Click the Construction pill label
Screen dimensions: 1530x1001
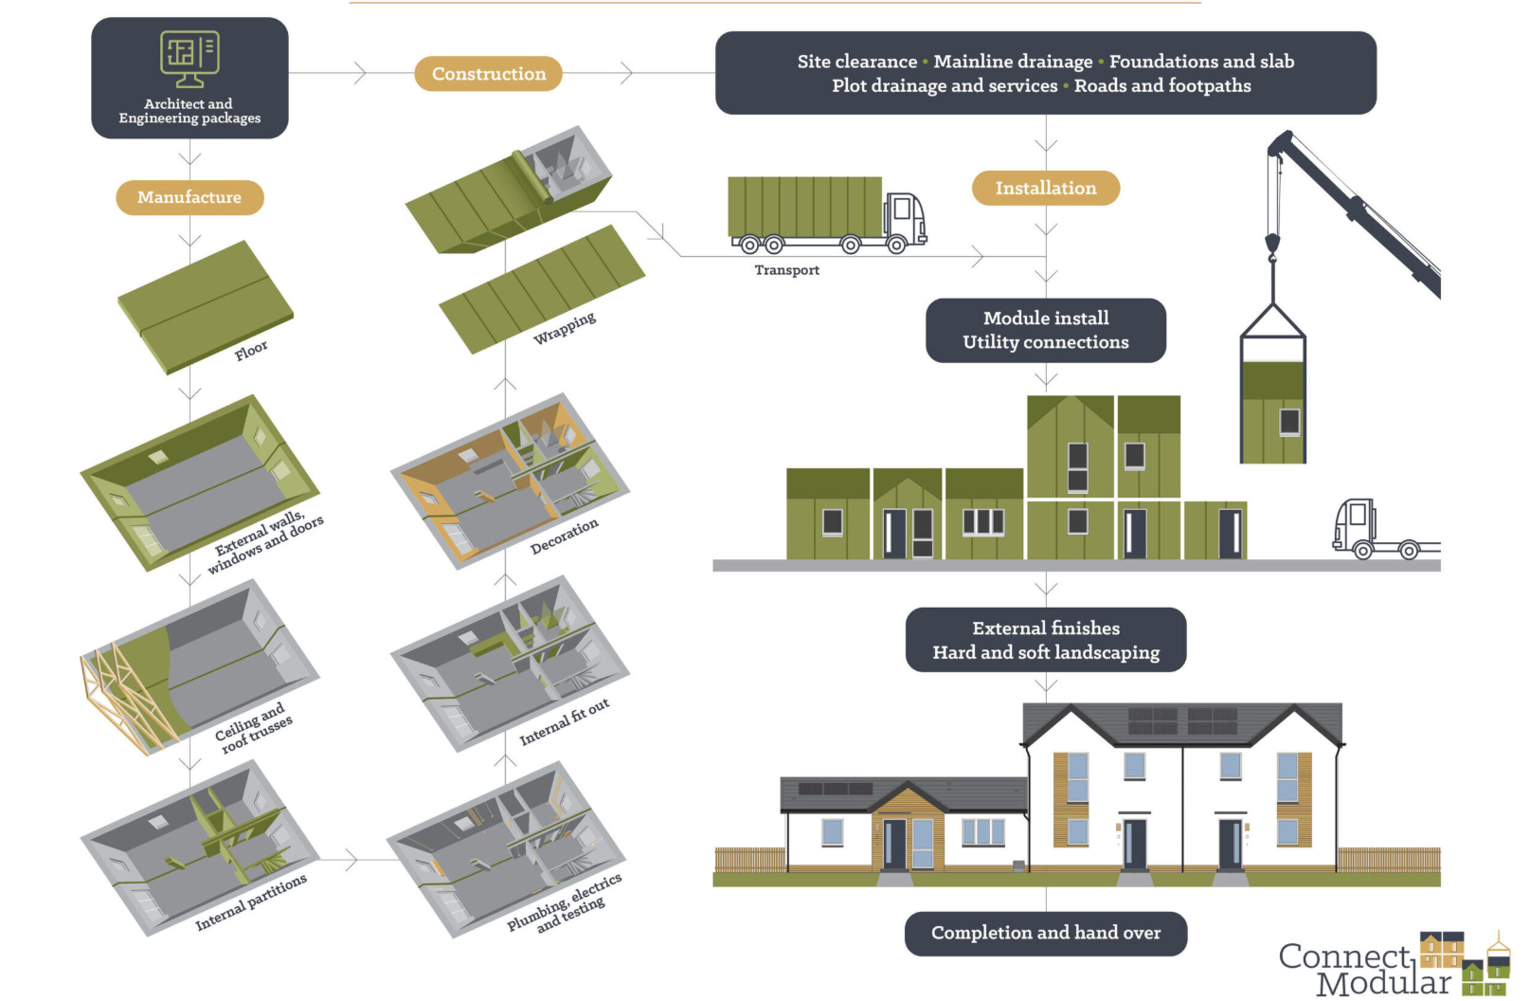488,74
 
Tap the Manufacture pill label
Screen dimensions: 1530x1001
189,197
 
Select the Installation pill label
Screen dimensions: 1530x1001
1045,188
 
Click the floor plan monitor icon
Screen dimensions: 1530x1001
189,58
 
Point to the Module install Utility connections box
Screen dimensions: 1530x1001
1045,330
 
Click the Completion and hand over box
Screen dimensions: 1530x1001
1045,933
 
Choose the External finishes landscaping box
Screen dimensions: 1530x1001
1045,640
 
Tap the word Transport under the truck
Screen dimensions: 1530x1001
786,270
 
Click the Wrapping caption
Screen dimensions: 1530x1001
565,327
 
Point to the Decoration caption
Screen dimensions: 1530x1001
565,536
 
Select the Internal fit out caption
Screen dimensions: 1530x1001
565,722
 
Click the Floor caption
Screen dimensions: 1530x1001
251,351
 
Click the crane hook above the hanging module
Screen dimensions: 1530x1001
1272,248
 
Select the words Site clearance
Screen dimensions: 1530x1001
856,62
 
